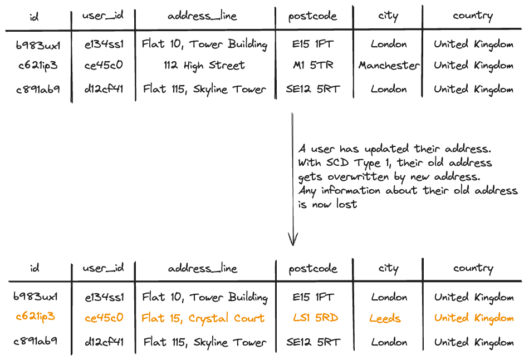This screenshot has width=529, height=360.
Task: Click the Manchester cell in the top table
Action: click(x=389, y=65)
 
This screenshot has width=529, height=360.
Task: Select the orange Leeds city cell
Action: click(x=385, y=318)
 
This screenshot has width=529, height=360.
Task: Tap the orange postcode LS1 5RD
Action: click(x=315, y=318)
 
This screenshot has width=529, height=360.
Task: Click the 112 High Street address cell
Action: click(x=204, y=66)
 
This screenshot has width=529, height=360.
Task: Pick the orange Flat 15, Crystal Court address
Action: click(x=203, y=318)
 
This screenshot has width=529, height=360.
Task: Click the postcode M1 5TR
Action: click(x=313, y=65)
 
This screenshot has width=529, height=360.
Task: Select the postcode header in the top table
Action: click(x=313, y=16)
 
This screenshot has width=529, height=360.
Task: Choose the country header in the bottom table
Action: click(x=473, y=268)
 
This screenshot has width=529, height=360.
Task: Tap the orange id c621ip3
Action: click(x=36, y=317)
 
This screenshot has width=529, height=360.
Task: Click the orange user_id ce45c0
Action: click(x=104, y=318)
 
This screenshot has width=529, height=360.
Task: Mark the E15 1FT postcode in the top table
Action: click(x=313, y=44)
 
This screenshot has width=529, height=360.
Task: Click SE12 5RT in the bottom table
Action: click(x=314, y=342)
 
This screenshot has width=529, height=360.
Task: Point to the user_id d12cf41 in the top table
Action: click(x=104, y=89)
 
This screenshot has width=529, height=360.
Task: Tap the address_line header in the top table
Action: click(x=203, y=16)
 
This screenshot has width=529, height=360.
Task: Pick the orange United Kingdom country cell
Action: click(x=474, y=318)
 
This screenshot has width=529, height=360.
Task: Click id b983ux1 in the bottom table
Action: click(x=36, y=297)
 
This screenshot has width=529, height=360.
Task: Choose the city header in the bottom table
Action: click(x=388, y=268)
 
